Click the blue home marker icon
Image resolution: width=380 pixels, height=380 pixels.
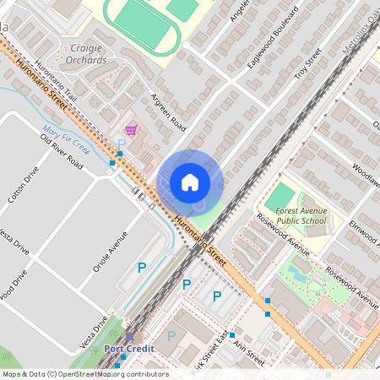point(190,182)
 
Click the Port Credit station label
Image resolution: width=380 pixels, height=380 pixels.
point(126,348)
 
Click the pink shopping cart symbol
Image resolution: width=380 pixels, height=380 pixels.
point(131,130)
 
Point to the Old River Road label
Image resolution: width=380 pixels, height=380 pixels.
point(65,156)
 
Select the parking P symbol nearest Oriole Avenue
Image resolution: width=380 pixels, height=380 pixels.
point(142,268)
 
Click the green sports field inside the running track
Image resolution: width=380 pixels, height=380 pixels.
point(140,15)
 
